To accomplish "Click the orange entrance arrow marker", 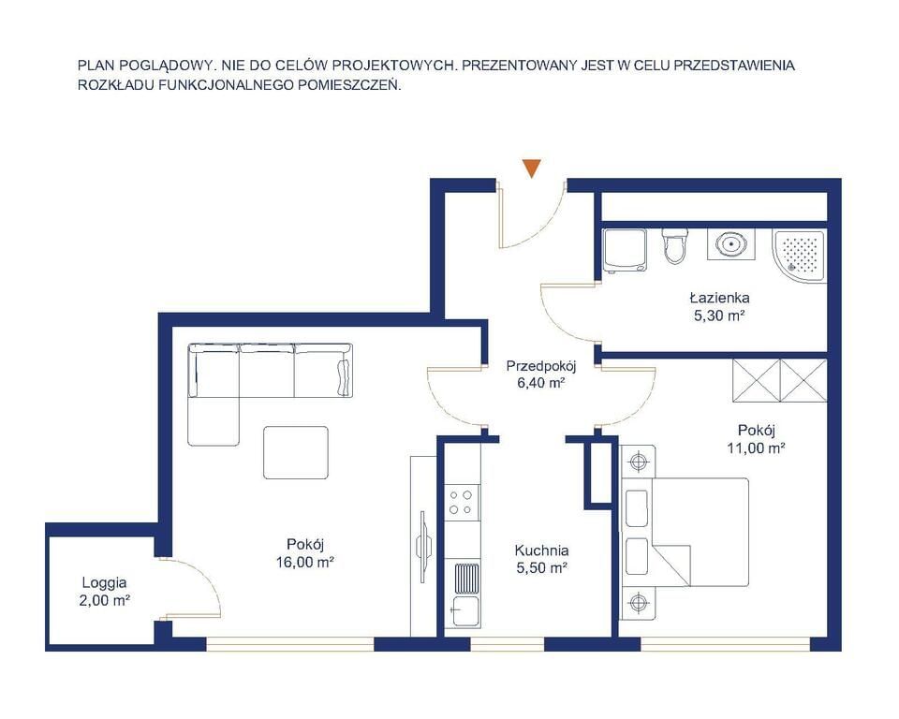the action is pyautogui.click(x=532, y=168).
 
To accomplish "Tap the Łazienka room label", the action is pyautogui.click(x=719, y=298).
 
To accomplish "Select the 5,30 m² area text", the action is pyautogui.click(x=719, y=315).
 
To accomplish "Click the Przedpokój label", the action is pyautogui.click(x=541, y=365).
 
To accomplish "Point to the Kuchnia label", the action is pyautogui.click(x=542, y=551).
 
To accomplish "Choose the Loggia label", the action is pyautogui.click(x=104, y=583).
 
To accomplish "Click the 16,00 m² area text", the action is pyautogui.click(x=305, y=563).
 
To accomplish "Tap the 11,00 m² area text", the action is pyautogui.click(x=757, y=448).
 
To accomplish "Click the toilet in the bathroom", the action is pyautogui.click(x=674, y=246).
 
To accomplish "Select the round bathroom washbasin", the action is pyautogui.click(x=731, y=245).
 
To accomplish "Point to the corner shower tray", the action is pyautogui.click(x=799, y=255).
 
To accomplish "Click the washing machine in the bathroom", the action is pyautogui.click(x=625, y=251).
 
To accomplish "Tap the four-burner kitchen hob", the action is pyautogui.click(x=462, y=502).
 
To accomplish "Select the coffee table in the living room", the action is pyautogui.click(x=296, y=452).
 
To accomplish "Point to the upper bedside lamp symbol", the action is pyautogui.click(x=637, y=462).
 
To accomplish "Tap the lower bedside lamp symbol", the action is pyautogui.click(x=637, y=603).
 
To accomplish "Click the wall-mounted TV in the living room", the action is pyautogui.click(x=424, y=547).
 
